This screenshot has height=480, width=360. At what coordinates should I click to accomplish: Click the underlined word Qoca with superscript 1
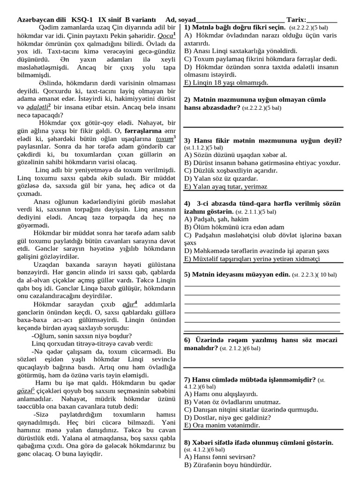tap(166, 36)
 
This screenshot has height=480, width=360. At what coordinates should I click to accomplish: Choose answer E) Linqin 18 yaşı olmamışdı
tap(226, 82)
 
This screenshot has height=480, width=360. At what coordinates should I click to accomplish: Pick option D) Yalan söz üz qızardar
tap(221, 178)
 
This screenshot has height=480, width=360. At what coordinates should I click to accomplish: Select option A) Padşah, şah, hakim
tap(216, 219)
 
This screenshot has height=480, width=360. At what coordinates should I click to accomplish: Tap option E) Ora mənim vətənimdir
tap(222, 425)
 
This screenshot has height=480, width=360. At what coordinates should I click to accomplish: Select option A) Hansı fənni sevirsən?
tap(220, 457)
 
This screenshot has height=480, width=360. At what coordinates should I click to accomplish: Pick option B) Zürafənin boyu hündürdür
tap(228, 465)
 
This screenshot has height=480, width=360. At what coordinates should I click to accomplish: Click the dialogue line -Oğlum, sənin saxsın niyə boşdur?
tap(82, 336)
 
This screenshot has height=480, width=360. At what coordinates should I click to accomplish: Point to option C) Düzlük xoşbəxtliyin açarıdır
tap(231, 171)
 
